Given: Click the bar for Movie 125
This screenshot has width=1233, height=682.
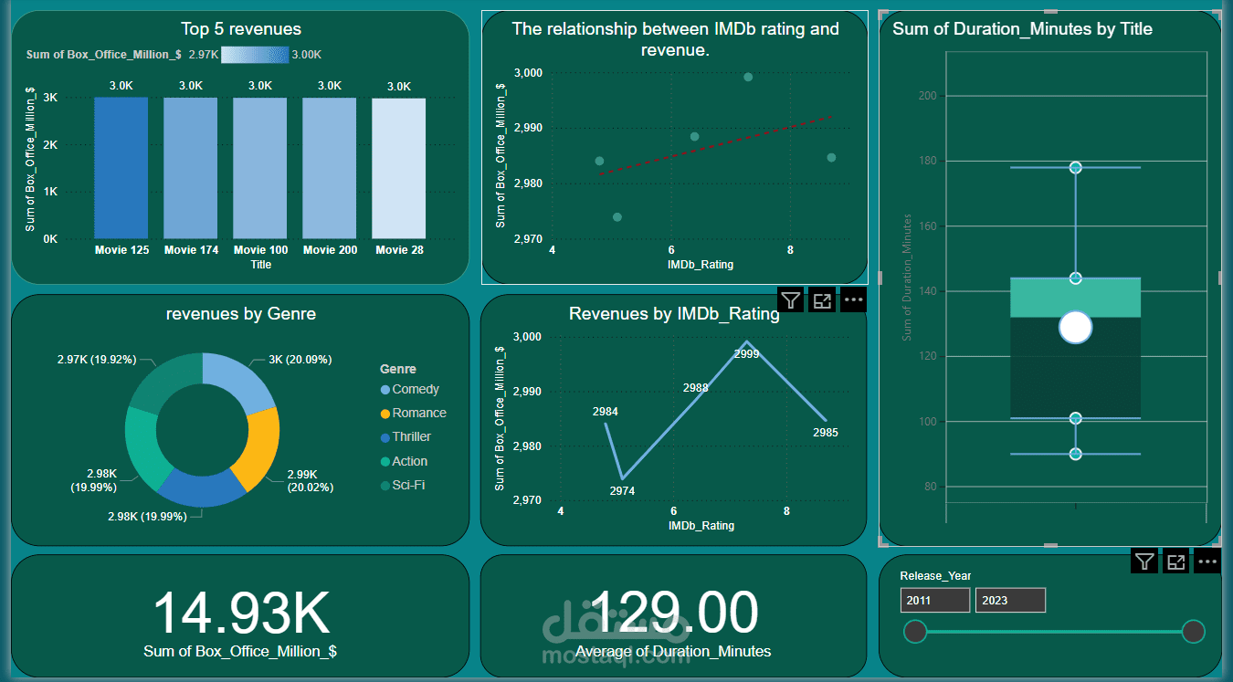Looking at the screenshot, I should [x=121, y=168].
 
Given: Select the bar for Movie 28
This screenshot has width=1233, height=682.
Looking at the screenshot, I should [x=399, y=168].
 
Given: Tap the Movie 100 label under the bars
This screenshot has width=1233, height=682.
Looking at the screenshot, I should [x=260, y=250].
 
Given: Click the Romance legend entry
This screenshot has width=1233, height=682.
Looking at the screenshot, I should [x=418, y=414].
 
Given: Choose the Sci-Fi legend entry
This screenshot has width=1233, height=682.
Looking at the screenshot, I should [x=407, y=486].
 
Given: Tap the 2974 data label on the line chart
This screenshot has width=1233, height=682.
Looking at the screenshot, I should [x=622, y=491].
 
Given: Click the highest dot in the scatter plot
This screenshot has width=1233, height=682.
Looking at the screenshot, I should [x=748, y=77].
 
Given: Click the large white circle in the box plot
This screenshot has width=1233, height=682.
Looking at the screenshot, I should [x=1076, y=327].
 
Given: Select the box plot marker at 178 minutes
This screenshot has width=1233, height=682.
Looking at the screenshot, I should [x=1076, y=168].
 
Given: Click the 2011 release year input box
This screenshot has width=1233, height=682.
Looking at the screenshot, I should [x=934, y=600].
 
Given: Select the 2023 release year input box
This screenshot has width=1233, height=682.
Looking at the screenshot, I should [x=1010, y=600].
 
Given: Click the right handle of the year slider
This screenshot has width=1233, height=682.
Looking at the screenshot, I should [x=1193, y=632].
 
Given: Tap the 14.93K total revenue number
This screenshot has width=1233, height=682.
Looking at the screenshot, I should [x=240, y=614].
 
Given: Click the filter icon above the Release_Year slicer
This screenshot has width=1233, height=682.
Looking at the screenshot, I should [x=1144, y=561].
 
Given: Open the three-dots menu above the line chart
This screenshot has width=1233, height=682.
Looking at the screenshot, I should [x=853, y=299].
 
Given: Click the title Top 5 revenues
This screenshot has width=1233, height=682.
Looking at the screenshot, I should [x=241, y=29].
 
